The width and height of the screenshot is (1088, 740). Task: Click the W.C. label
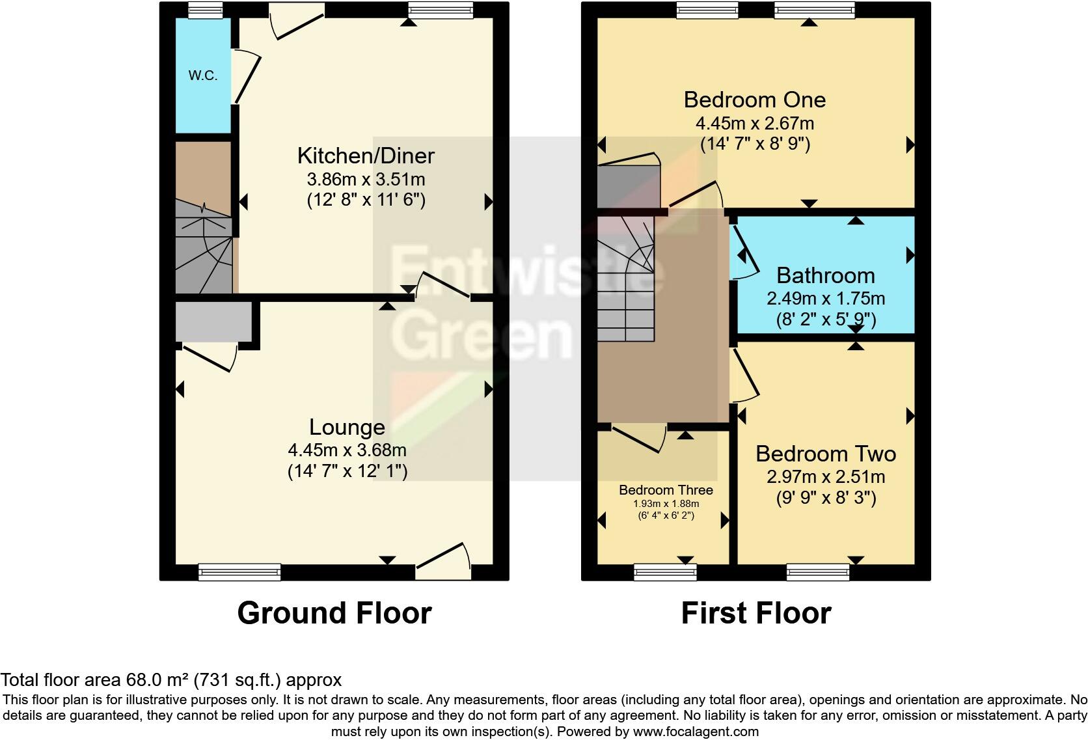[x=202, y=75]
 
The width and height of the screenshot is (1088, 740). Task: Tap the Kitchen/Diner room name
[x=366, y=156]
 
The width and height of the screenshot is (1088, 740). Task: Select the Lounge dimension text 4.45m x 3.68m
[x=347, y=450]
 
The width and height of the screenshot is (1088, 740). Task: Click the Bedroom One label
[x=755, y=100]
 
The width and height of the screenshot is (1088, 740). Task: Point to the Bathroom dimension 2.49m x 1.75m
[x=826, y=298]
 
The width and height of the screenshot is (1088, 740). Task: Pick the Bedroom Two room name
[x=826, y=454]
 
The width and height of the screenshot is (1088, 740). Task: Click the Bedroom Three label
[x=666, y=490]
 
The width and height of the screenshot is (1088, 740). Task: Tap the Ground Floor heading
[x=334, y=612]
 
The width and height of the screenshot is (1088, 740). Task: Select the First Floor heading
[x=756, y=612]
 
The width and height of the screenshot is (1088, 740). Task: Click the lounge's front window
[x=239, y=572]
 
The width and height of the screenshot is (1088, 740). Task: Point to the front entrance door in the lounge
[x=443, y=561]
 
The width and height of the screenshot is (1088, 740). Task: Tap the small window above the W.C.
[x=206, y=10]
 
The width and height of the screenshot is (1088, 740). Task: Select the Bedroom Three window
[x=666, y=572]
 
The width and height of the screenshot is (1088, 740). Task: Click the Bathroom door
[x=744, y=253]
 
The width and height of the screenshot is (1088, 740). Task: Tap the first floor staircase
[x=625, y=279]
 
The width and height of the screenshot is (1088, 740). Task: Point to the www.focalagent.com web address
[x=696, y=732]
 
